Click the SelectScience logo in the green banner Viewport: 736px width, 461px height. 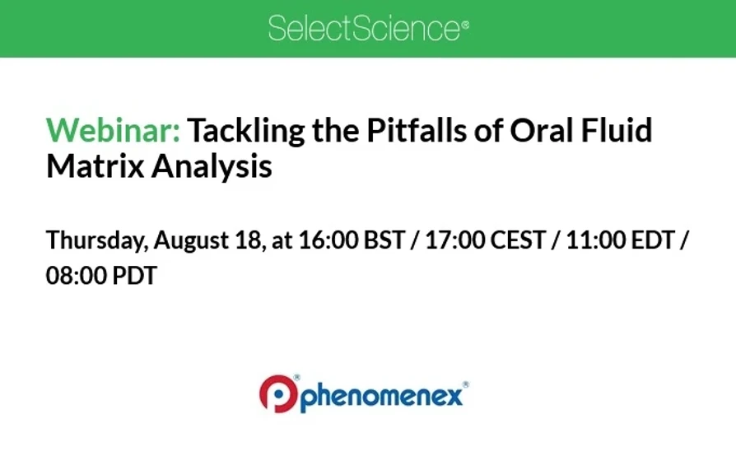[x=368, y=29]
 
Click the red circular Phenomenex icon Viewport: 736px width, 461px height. [x=278, y=394]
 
